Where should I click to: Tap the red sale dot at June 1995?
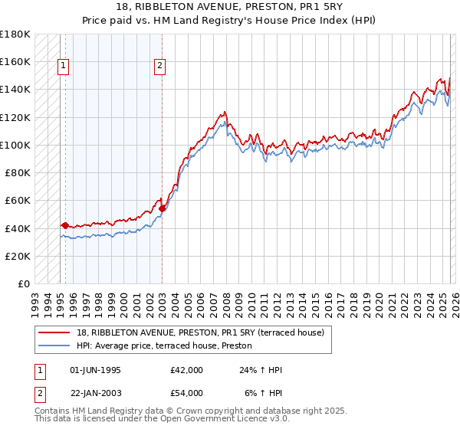pyautogui.click(x=65, y=225)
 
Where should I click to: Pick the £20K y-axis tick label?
pyautogui.click(x=18, y=257)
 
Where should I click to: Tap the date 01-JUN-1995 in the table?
pyautogui.click(x=95, y=370)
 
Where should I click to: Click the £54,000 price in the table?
pyautogui.click(x=187, y=393)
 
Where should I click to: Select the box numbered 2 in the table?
pyautogui.click(x=40, y=393)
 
